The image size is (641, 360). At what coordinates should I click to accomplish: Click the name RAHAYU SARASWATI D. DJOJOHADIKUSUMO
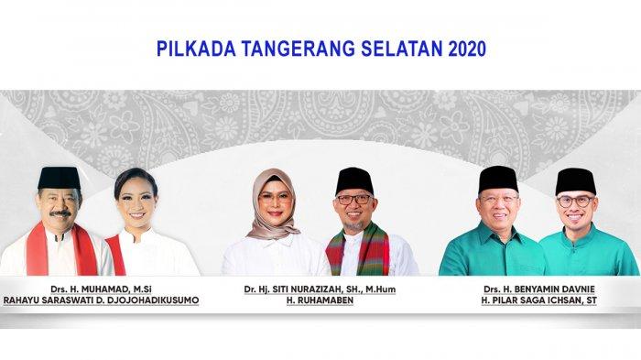coord(101,300)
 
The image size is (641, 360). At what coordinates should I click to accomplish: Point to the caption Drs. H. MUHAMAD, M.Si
coord(101,288)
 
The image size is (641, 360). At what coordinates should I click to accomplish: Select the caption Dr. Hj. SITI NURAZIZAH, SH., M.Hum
coord(319,288)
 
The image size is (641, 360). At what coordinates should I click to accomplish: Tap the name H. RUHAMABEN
coord(319,300)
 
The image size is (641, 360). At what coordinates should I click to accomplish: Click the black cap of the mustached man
coord(60,175)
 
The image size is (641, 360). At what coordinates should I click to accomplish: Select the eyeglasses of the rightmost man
coord(575,201)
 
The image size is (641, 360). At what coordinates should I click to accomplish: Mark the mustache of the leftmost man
coord(59,213)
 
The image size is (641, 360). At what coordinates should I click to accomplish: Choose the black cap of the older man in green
coord(498,176)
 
